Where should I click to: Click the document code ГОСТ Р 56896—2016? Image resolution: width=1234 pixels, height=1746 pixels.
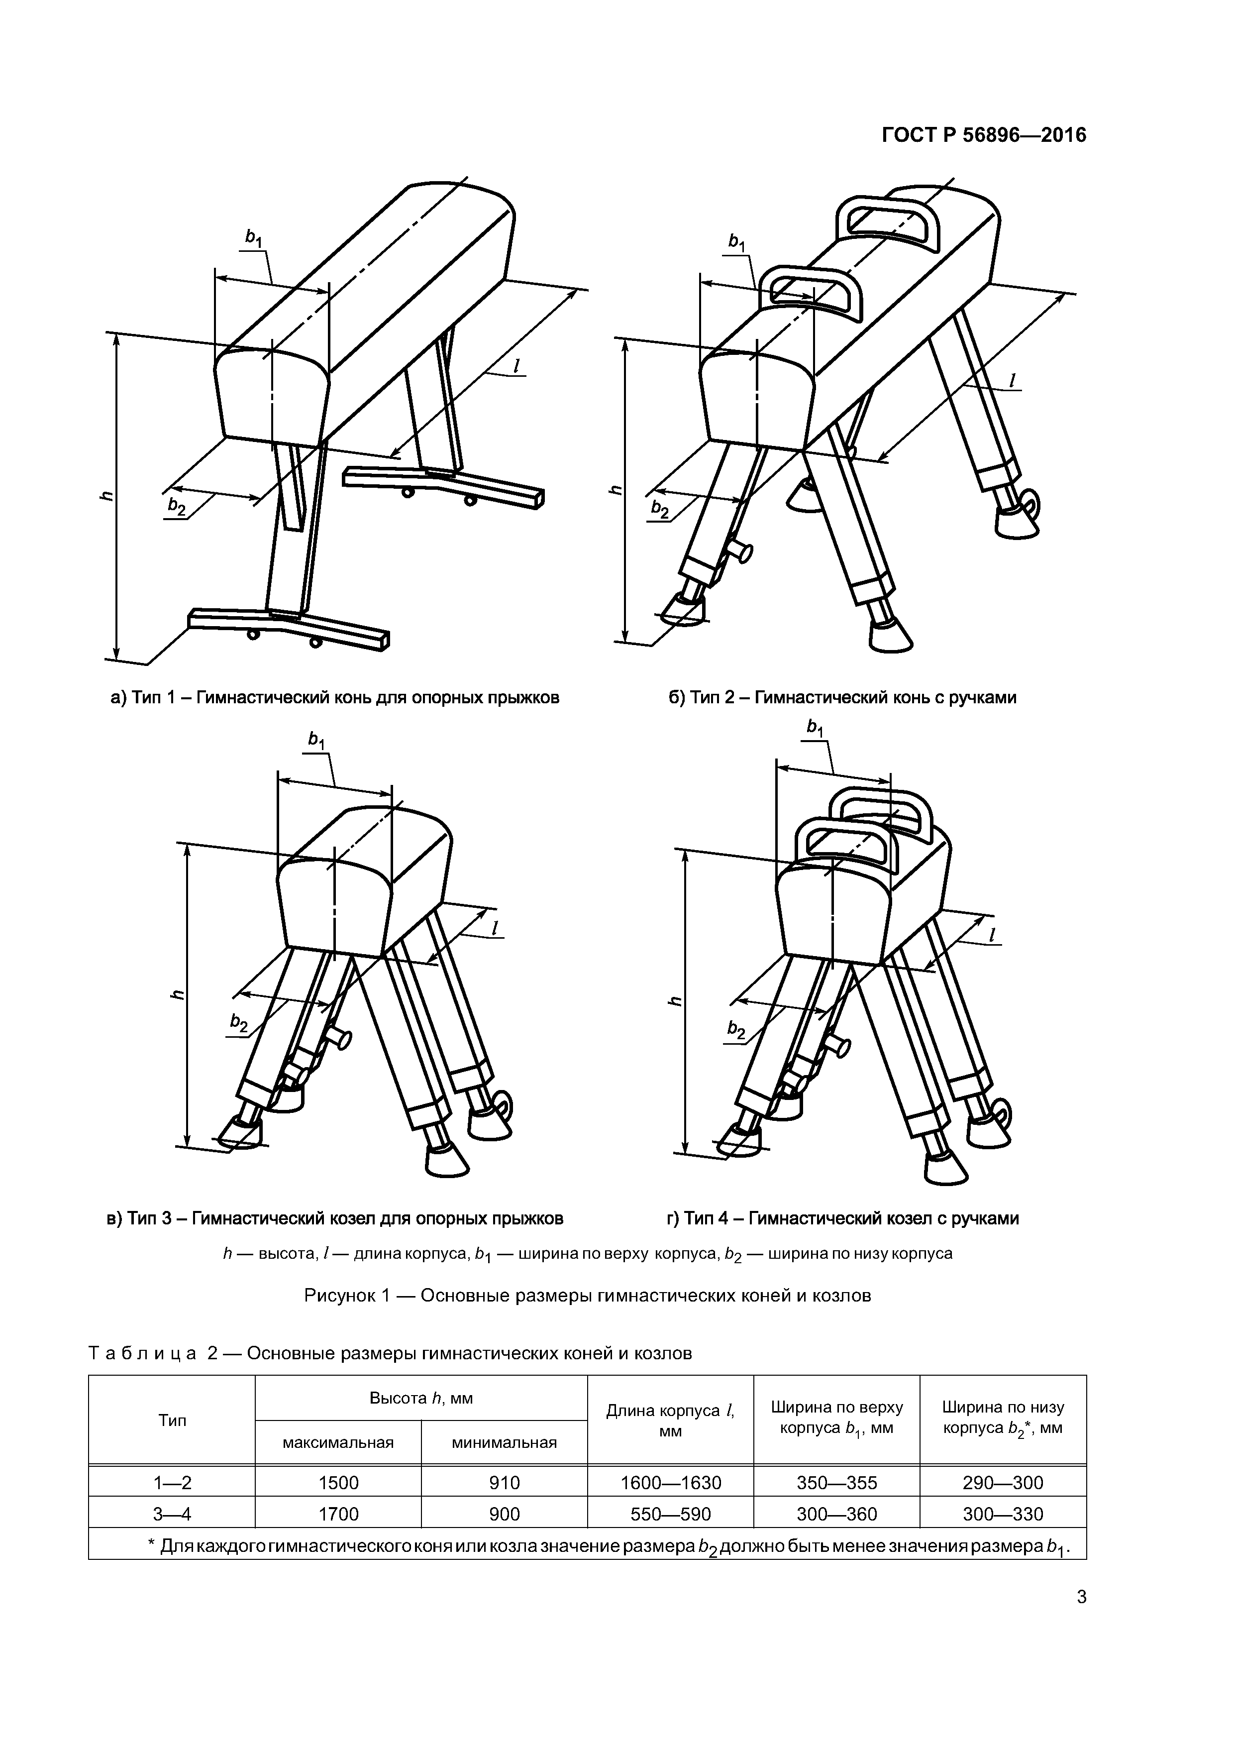point(984,135)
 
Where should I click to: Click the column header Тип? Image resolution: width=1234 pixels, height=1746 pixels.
point(172,1420)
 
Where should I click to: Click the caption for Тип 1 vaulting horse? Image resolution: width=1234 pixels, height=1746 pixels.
point(335,697)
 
